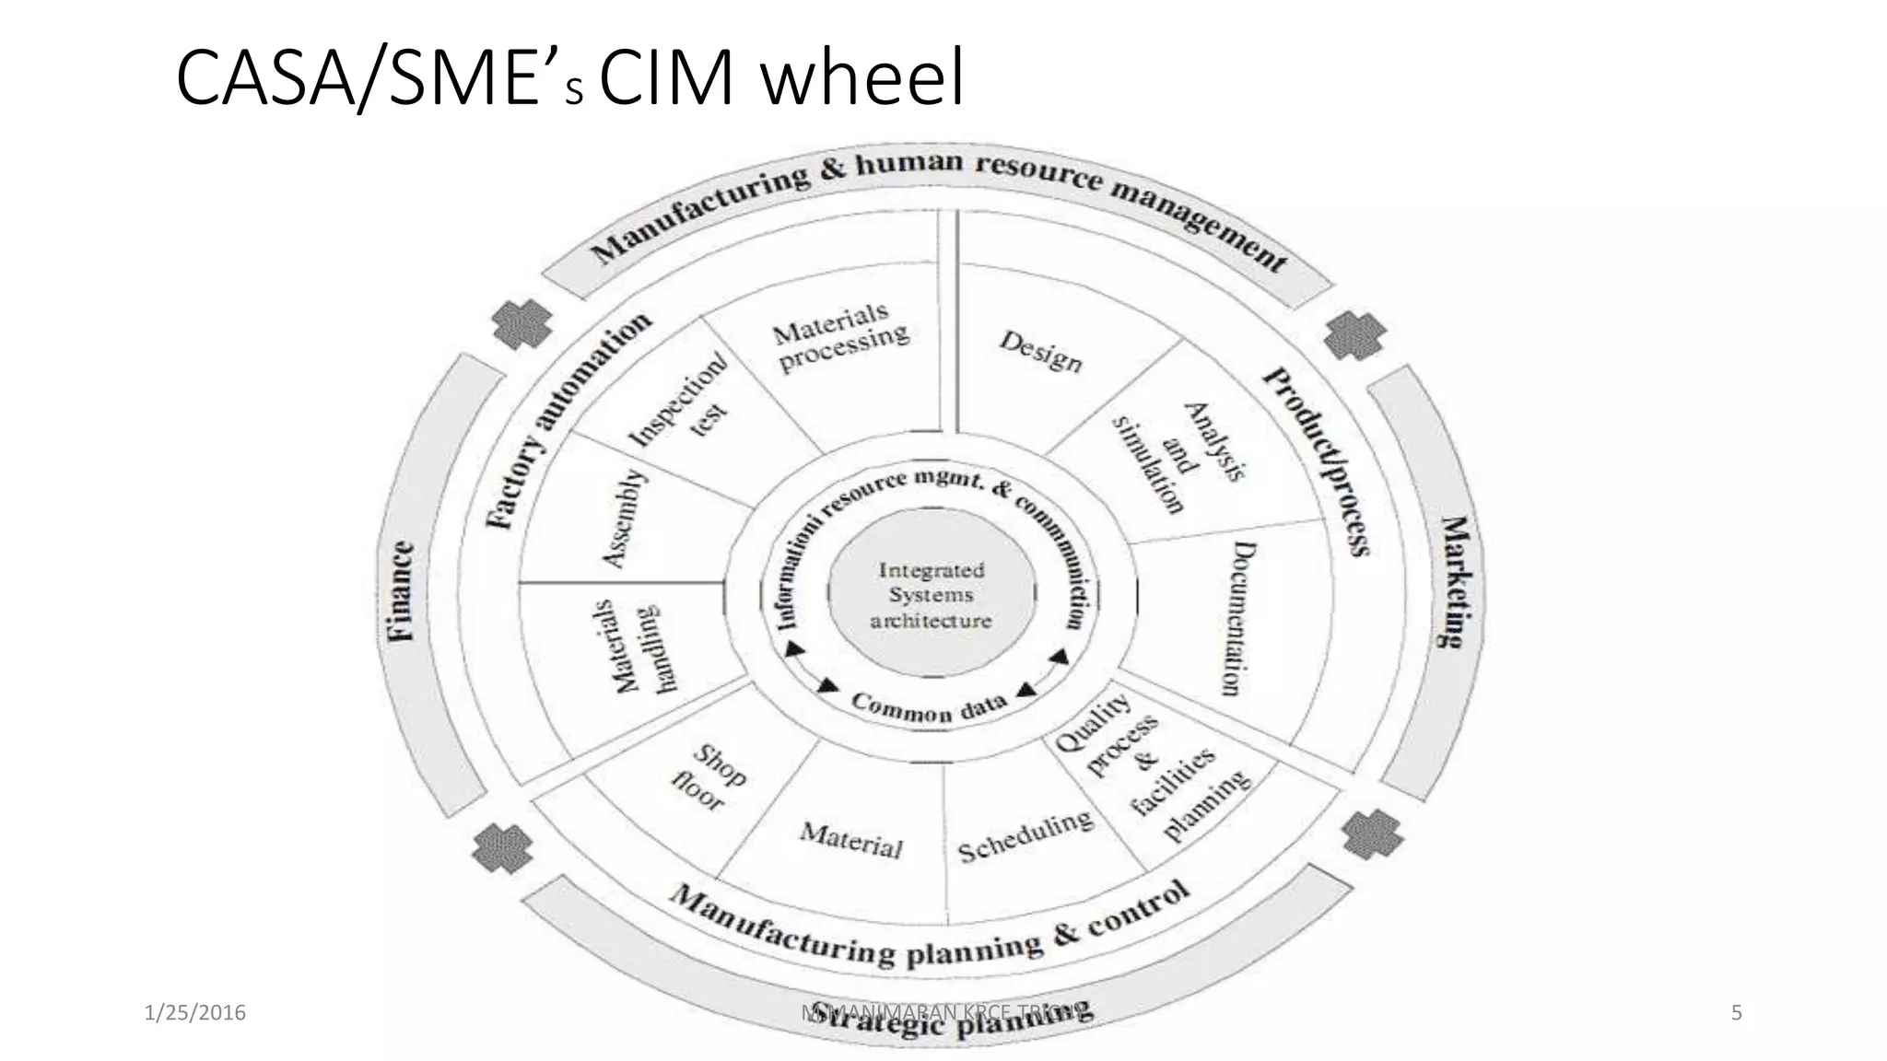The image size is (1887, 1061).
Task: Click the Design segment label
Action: [x=1040, y=351]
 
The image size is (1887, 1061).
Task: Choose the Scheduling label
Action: [x=1025, y=836]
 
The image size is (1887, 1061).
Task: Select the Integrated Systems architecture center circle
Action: [x=931, y=595]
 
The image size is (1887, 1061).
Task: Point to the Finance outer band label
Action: [x=400, y=592]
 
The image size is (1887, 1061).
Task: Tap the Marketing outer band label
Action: [x=1456, y=581]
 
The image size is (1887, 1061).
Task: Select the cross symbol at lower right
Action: [x=1372, y=834]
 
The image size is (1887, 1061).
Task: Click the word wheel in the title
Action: [x=864, y=80]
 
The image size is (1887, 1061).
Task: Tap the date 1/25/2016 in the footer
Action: [x=195, y=1013]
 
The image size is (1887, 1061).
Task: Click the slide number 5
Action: [x=1737, y=1013]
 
